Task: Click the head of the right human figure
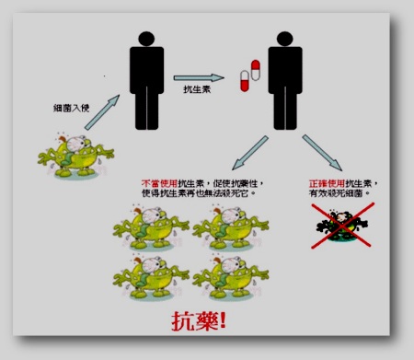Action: (x=283, y=41)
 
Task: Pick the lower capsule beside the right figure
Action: (x=245, y=82)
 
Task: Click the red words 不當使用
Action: (x=157, y=183)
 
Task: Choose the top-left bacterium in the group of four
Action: (x=153, y=226)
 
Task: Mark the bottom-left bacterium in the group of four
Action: (x=153, y=277)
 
